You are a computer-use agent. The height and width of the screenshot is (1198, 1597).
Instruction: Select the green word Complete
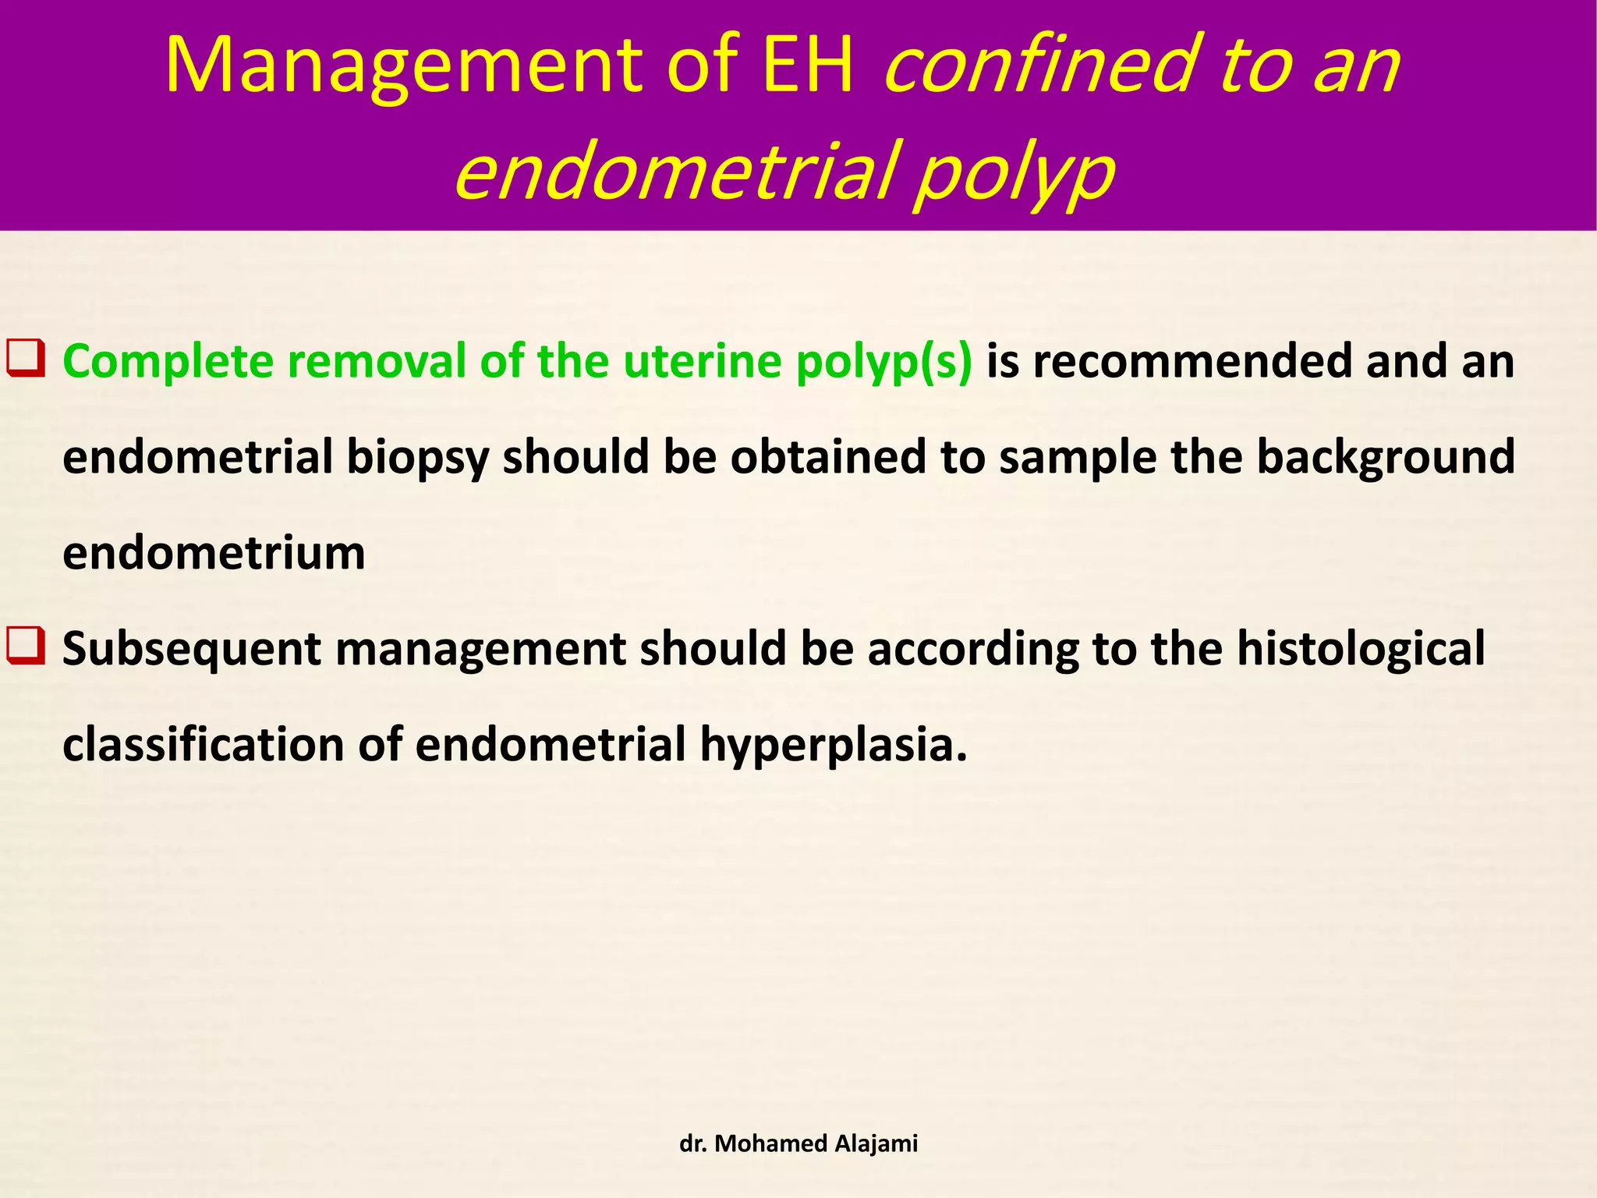click(x=168, y=362)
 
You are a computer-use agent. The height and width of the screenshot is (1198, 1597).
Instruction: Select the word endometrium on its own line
click(x=214, y=553)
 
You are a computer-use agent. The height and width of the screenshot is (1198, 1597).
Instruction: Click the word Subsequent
click(x=192, y=650)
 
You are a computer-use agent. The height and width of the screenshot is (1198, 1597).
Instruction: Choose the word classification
click(x=204, y=744)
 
